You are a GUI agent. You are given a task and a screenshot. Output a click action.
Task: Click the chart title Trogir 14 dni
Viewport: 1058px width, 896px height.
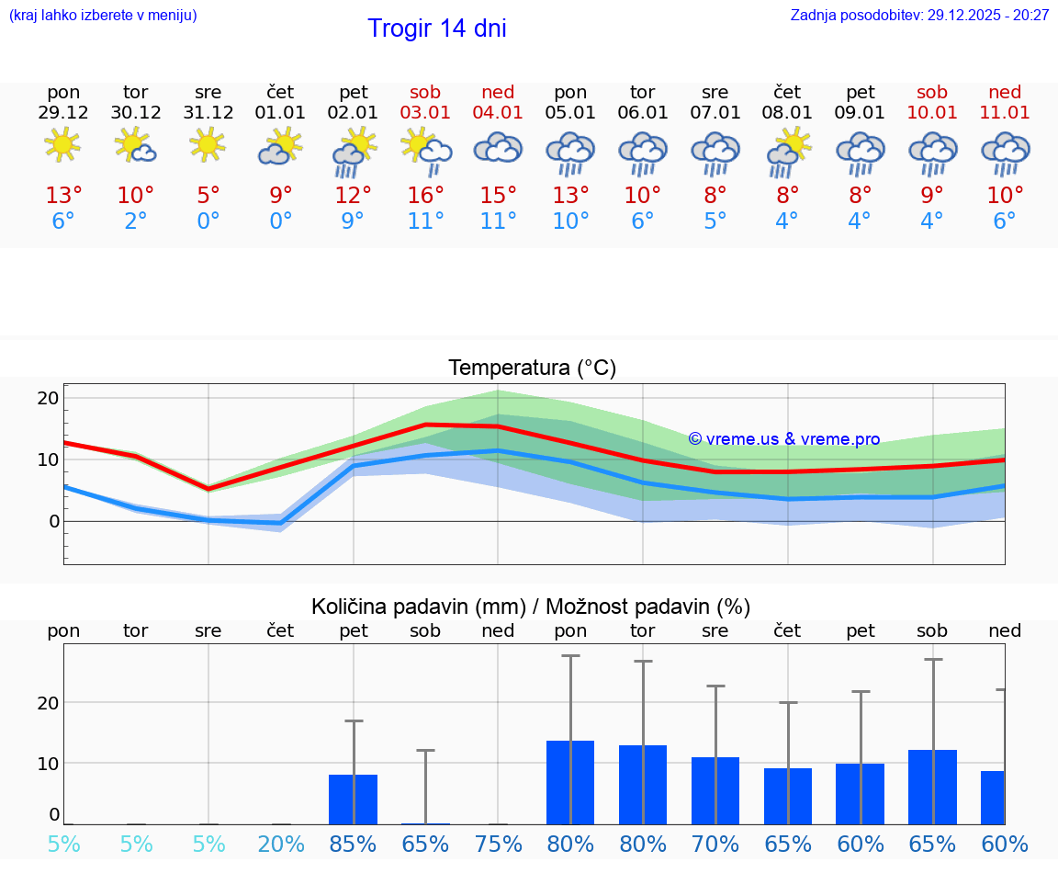(437, 28)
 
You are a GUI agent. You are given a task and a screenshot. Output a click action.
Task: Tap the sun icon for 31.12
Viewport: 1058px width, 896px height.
(208, 144)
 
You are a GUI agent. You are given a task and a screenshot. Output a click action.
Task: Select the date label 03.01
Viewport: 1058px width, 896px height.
(425, 113)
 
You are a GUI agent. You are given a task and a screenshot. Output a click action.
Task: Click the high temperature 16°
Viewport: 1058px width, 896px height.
(425, 196)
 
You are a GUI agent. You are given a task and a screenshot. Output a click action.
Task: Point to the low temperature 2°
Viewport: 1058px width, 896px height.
(136, 221)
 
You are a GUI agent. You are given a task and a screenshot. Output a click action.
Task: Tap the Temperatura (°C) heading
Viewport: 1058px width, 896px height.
(532, 369)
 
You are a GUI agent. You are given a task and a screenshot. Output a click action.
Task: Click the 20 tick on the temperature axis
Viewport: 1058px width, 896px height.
(49, 399)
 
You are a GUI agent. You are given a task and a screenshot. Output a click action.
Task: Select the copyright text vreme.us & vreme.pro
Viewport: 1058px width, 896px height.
(784, 439)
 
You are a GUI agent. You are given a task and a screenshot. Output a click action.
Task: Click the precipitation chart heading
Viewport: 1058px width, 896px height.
(531, 607)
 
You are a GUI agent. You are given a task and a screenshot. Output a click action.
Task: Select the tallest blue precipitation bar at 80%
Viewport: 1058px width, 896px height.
(570, 782)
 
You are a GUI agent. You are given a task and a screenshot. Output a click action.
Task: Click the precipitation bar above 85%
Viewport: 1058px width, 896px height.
(354, 800)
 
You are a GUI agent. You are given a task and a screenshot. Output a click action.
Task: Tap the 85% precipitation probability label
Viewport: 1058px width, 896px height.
(354, 845)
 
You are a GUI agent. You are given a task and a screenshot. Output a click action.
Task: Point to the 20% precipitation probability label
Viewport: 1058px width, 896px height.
(281, 845)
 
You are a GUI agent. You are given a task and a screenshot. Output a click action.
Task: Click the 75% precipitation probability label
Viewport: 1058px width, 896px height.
(498, 845)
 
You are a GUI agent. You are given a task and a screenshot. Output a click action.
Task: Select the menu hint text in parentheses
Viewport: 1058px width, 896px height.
(103, 16)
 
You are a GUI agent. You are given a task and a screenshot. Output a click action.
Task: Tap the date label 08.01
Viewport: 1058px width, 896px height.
(787, 113)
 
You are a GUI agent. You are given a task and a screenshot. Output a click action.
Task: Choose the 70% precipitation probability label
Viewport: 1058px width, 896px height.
(715, 845)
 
